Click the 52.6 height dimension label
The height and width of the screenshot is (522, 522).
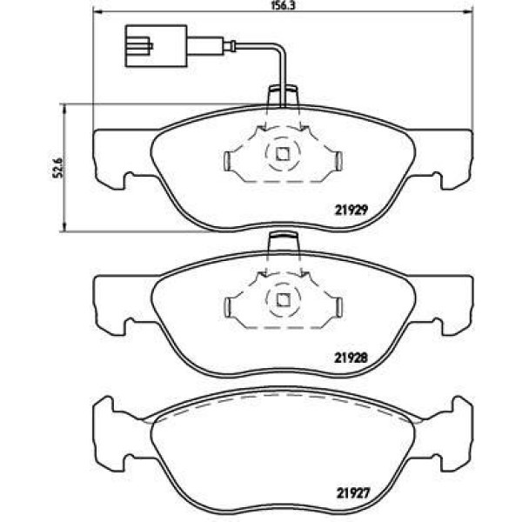57,168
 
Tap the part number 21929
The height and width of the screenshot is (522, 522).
351,210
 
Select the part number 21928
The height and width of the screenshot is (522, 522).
351,358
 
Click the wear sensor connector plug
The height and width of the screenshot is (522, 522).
156,46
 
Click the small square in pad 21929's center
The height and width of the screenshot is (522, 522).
283,154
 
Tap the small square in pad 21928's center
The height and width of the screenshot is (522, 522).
283,300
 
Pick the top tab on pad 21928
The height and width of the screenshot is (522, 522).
283,242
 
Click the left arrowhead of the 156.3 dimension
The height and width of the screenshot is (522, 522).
97,11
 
